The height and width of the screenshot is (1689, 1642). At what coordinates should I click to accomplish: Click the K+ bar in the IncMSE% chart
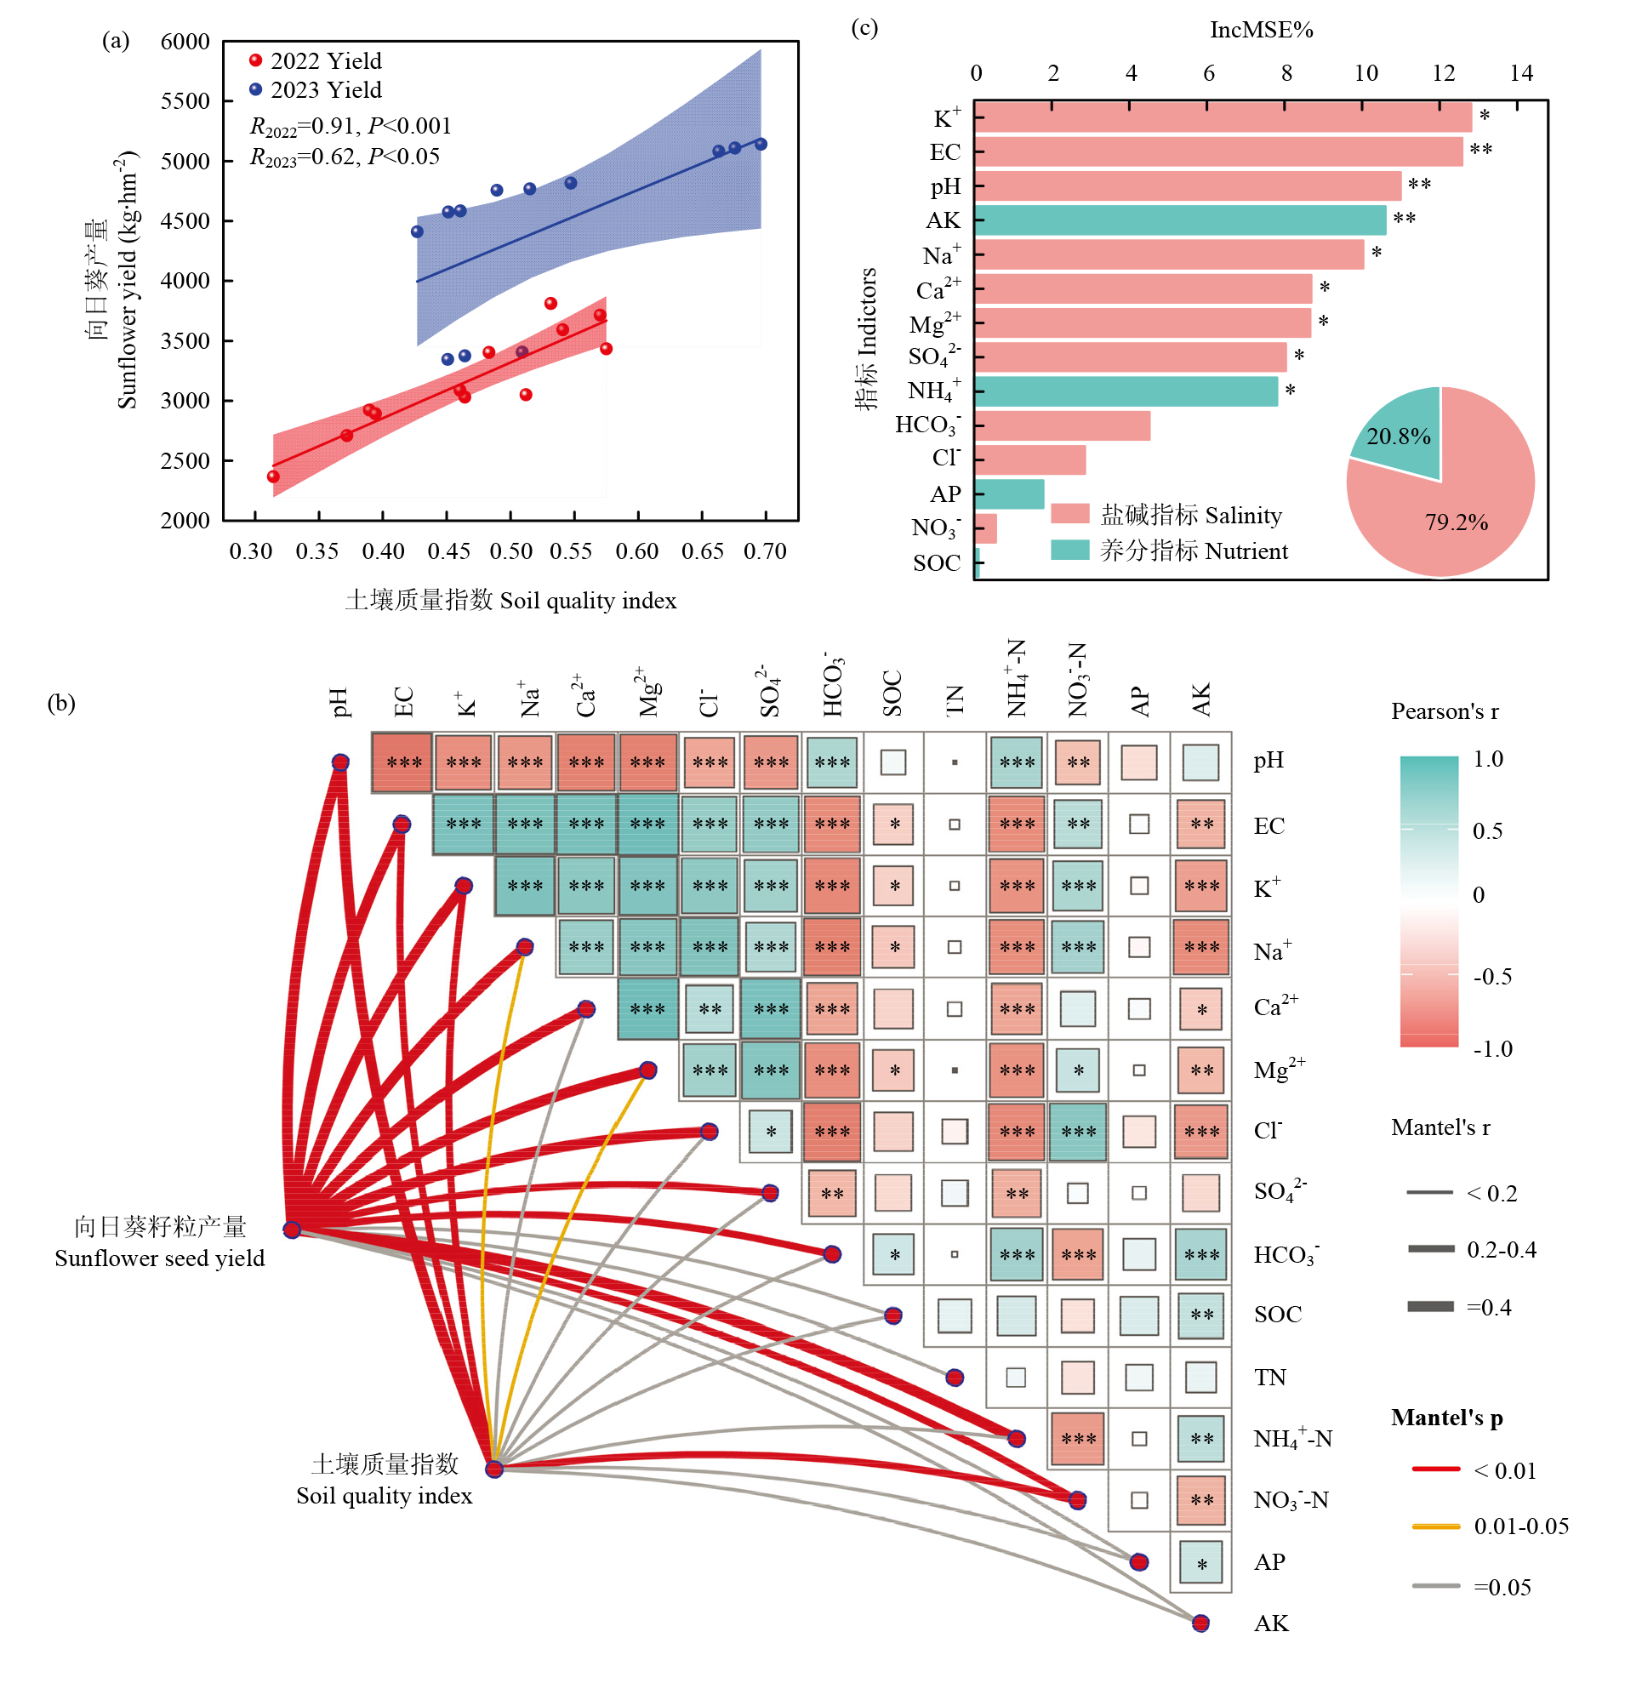tap(1222, 117)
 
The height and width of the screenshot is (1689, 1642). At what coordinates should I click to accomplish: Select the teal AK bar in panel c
tap(1180, 221)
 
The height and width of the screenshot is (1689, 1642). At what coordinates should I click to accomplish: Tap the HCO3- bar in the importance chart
tap(1063, 426)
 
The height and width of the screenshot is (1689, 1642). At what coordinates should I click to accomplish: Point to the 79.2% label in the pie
tap(1456, 522)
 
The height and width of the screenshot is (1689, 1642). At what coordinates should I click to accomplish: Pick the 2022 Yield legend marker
tap(256, 60)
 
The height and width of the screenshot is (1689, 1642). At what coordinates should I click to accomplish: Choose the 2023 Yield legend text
tap(326, 89)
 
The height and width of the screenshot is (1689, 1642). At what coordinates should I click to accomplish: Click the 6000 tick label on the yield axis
tap(185, 42)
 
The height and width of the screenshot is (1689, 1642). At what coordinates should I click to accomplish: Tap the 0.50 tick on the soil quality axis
tap(511, 551)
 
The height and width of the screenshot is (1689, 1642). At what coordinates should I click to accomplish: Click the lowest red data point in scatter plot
tap(273, 477)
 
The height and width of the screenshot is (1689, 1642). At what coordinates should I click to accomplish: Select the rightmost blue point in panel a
tap(761, 144)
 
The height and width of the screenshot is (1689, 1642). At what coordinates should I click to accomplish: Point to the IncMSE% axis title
tap(1261, 30)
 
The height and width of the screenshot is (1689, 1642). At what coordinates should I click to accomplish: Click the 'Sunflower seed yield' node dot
tap(293, 1230)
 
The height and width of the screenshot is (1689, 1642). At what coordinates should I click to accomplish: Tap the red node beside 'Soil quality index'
tap(494, 1469)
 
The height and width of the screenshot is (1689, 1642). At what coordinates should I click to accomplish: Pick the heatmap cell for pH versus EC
tap(402, 762)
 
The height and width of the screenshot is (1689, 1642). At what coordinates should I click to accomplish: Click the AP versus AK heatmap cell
tap(1201, 1562)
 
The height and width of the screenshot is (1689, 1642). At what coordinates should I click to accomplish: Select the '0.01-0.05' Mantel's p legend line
tap(1436, 1526)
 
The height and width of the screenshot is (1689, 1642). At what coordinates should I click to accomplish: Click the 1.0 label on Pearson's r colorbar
tap(1488, 759)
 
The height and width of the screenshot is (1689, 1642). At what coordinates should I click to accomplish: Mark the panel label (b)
tap(61, 703)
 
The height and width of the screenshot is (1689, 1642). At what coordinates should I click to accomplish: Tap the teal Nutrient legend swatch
tap(1070, 551)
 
